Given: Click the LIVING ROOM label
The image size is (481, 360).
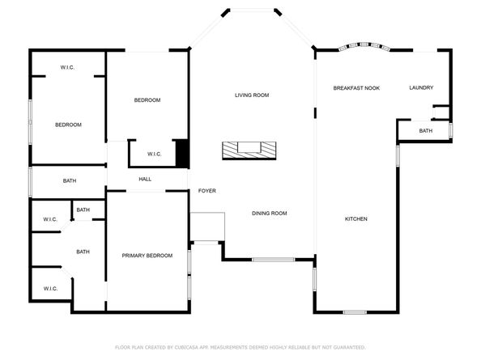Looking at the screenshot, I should [252, 95].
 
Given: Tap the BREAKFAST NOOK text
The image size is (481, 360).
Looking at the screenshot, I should [356, 87].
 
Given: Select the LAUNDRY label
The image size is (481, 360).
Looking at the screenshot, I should [421, 87].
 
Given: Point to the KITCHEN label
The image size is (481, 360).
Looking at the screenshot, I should [356, 219].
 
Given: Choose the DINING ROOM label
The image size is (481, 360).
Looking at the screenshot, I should [270, 214].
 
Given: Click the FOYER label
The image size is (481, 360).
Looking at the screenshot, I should [207, 191].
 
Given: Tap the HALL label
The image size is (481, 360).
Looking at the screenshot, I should [145, 180].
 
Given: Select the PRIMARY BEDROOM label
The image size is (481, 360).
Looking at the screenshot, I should [147, 256].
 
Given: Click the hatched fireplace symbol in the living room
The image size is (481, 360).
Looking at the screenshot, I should [249, 149].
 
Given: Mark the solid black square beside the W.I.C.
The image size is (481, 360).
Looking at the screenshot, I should [182, 154].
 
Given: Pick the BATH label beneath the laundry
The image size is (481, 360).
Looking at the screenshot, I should [425, 131].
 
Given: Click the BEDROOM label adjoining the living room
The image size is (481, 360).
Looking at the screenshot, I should [147, 100].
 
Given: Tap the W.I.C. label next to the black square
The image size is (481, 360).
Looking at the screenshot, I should [155, 154].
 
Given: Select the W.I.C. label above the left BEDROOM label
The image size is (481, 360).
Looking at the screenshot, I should [68, 67].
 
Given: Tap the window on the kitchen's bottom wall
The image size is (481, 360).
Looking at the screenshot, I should [355, 311].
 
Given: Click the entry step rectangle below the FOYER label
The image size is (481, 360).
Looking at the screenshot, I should [206, 227].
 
